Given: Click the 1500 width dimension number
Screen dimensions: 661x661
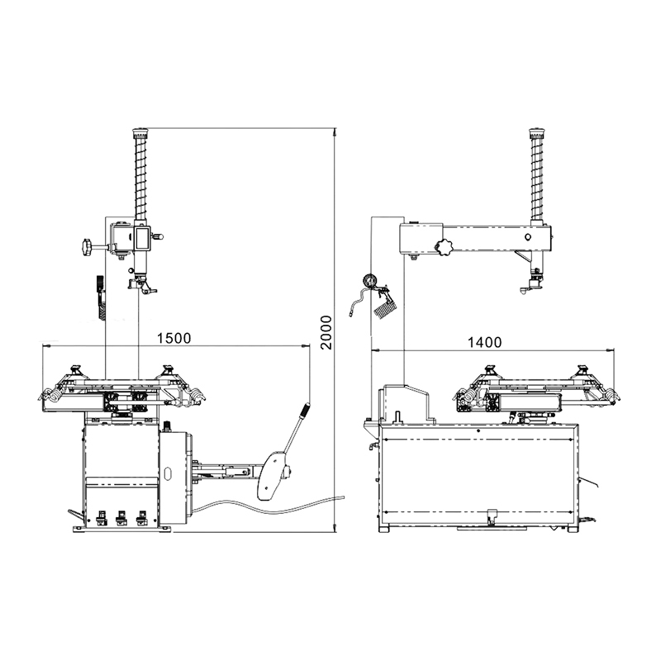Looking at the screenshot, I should point(174,338).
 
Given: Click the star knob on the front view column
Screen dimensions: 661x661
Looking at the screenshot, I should point(86,246).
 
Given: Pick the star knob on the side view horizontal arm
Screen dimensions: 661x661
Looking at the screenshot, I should point(446,247).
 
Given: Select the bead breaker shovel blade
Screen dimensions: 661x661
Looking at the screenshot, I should point(270,476).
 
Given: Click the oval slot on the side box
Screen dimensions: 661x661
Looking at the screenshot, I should point(168,474).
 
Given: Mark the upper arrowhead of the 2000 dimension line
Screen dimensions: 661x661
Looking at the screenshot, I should point(334,133).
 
